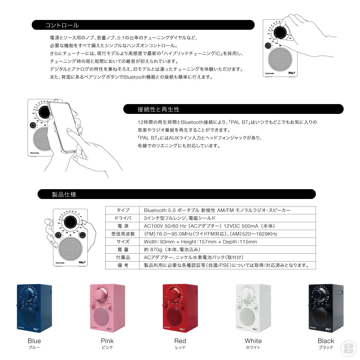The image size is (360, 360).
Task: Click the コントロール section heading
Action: click(x=62, y=25)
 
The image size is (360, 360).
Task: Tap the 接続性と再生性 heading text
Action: click(x=158, y=109)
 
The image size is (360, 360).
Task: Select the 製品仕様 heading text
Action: click(x=64, y=194)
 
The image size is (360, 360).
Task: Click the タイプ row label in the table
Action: click(x=123, y=210)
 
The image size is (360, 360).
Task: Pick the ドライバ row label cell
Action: click(x=123, y=218)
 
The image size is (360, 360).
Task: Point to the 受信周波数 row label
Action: click(x=123, y=234)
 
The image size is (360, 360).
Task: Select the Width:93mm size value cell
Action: click(x=200, y=242)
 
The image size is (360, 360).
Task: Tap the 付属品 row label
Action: click(x=123, y=258)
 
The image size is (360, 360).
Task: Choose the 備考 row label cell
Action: click(x=123, y=265)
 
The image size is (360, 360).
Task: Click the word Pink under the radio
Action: click(x=107, y=341)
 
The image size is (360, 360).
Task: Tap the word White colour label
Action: click(x=253, y=341)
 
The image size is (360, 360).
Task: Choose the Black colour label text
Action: click(x=326, y=341)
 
